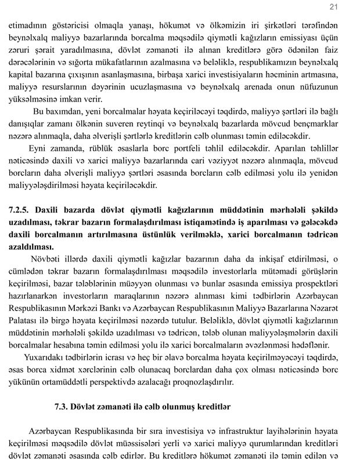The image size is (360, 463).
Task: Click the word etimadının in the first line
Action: [x=28, y=26]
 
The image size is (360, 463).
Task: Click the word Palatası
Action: [x=23, y=319]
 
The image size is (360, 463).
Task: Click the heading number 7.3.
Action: [x=61, y=407]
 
